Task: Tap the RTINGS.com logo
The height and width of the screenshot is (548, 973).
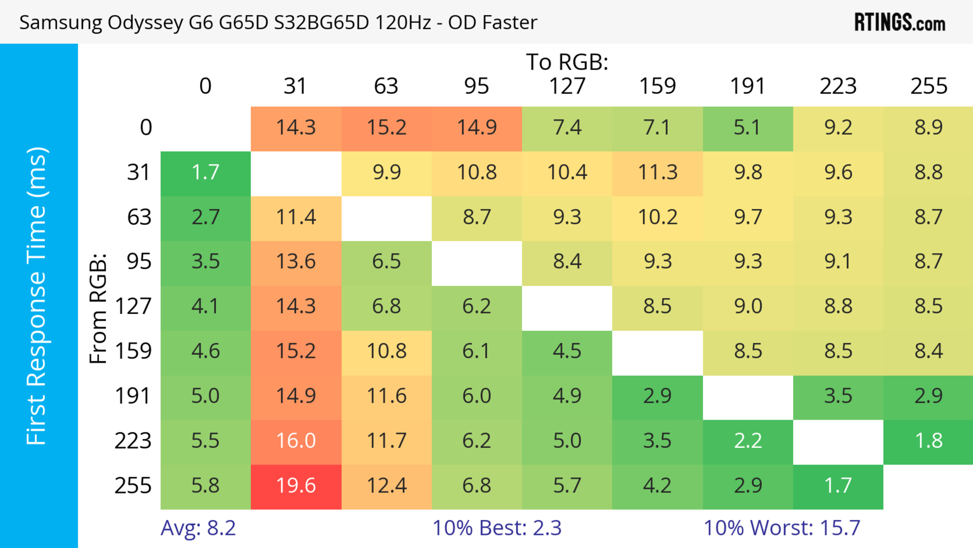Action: click(x=900, y=23)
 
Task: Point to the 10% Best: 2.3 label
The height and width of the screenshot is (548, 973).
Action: click(x=497, y=528)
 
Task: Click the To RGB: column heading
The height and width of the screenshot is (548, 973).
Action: click(x=567, y=62)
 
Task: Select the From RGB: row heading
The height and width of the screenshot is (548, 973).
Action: click(x=98, y=308)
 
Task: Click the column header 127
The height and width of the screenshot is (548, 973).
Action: click(x=567, y=86)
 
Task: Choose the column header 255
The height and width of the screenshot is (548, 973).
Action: click(x=928, y=86)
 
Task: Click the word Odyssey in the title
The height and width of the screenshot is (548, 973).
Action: click(x=145, y=23)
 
